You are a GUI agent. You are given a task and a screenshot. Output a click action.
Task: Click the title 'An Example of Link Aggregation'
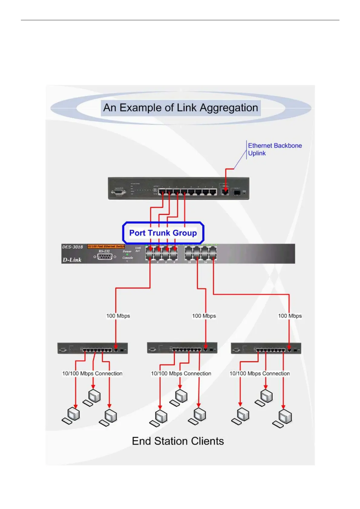point(181,108)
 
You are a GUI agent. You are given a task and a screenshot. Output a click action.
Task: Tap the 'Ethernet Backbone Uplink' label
point(274,149)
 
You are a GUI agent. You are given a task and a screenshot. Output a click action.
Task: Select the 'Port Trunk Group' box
point(163,233)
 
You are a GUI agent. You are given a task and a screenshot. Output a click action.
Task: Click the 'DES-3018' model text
point(73,247)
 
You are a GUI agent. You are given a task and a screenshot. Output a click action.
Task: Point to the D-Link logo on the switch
point(72,260)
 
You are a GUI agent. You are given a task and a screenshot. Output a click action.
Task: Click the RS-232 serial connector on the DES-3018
point(105,257)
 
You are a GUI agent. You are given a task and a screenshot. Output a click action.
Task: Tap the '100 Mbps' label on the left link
point(118,316)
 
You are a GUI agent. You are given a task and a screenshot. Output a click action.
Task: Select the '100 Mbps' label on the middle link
point(204,316)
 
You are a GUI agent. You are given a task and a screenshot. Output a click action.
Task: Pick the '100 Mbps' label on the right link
point(290,316)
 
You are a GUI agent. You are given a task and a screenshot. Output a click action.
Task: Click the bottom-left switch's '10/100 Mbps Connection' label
point(92,374)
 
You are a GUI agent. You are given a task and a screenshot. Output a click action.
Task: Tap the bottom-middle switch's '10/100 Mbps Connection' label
point(181,374)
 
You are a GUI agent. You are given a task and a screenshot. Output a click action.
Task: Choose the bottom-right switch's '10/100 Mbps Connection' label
point(260,374)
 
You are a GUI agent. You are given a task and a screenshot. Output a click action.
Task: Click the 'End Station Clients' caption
point(178,441)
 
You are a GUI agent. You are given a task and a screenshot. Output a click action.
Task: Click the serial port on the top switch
point(119,192)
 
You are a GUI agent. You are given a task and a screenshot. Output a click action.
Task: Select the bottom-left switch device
point(93,349)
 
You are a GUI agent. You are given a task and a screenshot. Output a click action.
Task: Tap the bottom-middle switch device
point(182,348)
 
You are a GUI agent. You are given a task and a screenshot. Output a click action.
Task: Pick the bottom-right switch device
point(266,349)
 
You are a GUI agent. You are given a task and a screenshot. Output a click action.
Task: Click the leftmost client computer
point(72,416)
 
